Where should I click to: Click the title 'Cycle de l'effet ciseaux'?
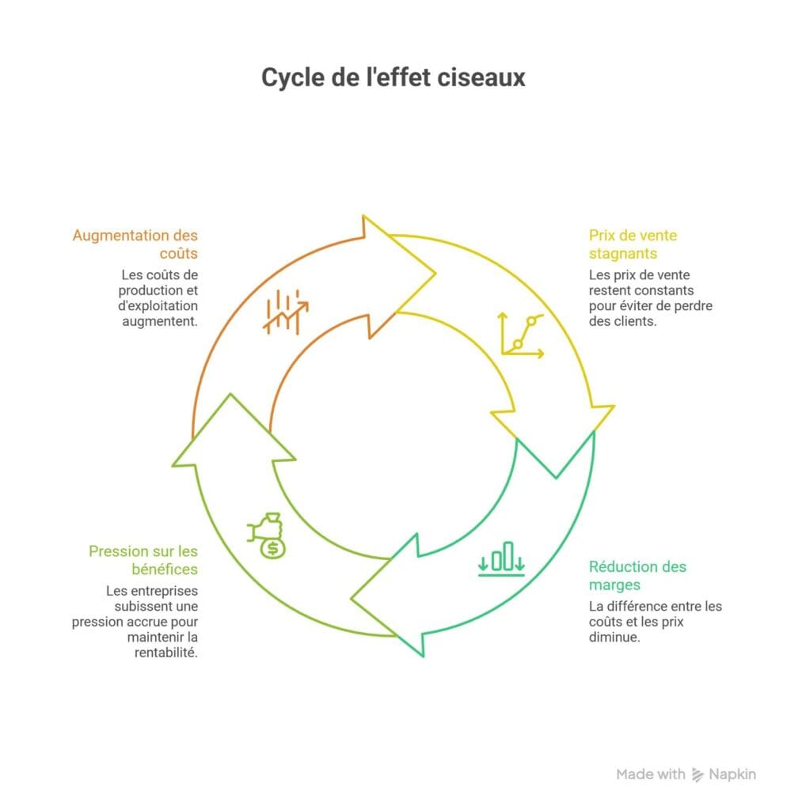(x=393, y=78)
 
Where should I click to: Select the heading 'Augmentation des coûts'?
(x=135, y=244)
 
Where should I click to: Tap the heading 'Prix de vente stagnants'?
(x=633, y=244)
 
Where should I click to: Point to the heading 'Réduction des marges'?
(x=637, y=576)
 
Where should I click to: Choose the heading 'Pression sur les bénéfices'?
(x=143, y=559)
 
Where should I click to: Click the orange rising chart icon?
(x=285, y=312)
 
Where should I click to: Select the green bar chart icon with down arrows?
(x=501, y=558)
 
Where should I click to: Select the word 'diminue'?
(x=614, y=638)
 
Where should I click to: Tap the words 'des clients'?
(x=622, y=322)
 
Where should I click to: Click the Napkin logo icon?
(x=698, y=774)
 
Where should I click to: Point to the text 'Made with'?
(x=650, y=774)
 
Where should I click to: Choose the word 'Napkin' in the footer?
(x=732, y=774)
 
